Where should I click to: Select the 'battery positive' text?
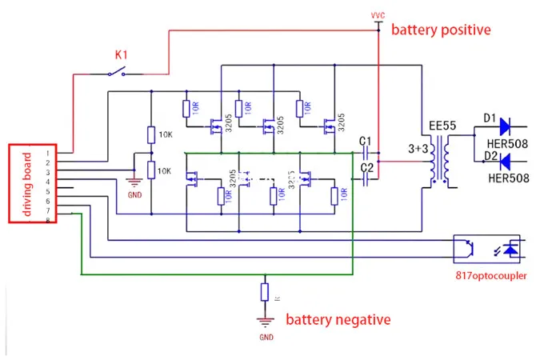point(440,30)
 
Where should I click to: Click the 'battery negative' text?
point(338,319)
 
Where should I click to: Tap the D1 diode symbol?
point(505,126)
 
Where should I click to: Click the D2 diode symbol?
point(505,162)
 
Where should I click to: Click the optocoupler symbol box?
point(487,249)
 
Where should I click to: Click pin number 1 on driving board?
point(49,152)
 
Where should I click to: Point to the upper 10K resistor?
point(150,134)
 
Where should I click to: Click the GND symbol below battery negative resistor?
point(265,324)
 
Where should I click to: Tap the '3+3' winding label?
point(419,149)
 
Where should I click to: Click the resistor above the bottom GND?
point(265,292)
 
